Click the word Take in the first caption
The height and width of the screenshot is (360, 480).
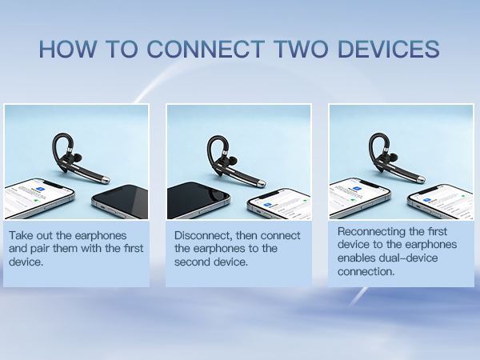pyautogui.click(x=23, y=236)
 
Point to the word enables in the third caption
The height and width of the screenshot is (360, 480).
pyautogui.click(x=357, y=258)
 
